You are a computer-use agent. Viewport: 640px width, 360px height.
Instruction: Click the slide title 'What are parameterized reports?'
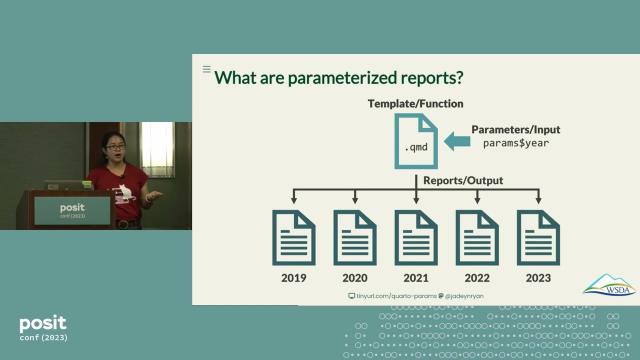coord(339,78)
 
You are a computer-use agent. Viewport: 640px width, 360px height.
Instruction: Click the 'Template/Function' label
coord(416,104)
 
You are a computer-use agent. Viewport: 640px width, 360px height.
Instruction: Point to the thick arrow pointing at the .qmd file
coord(455,143)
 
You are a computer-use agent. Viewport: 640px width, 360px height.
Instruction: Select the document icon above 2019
coord(294,236)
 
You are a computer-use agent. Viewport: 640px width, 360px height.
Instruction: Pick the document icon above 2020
coord(355,236)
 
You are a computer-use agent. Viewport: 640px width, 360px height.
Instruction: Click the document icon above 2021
coord(416,236)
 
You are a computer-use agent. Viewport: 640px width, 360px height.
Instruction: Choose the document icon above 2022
coord(477,236)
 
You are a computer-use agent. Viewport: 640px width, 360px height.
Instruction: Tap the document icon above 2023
coord(538,236)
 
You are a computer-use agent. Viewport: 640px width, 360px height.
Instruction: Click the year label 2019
coord(294,278)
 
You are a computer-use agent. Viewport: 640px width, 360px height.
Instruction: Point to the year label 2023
coord(538,278)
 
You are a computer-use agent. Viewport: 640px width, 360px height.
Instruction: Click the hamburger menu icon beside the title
coord(207,70)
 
